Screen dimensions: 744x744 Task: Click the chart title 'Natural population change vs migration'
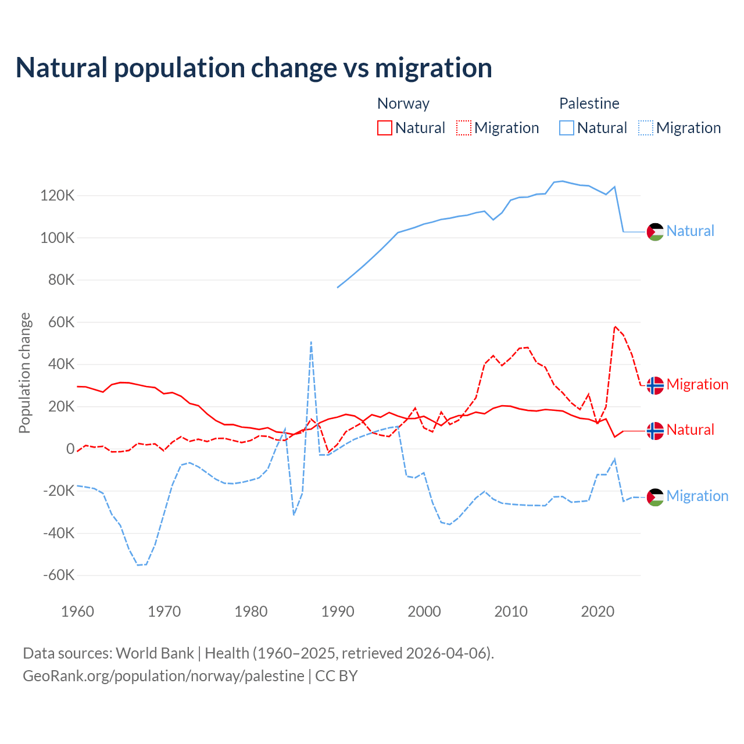coord(254,68)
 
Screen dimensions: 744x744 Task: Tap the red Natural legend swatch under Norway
coord(385,128)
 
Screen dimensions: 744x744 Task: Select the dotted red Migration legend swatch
coord(464,128)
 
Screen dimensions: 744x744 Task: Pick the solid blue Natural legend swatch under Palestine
coord(567,128)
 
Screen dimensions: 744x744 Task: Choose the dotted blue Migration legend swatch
coord(646,128)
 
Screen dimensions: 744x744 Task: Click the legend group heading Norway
coord(403,103)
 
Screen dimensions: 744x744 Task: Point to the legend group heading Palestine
coord(589,103)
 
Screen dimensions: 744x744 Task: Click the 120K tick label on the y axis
coord(58,196)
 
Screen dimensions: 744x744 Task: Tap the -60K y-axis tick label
coord(59,575)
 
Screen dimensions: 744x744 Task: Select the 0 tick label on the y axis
coord(70,449)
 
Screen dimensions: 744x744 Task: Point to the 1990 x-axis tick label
coord(338,611)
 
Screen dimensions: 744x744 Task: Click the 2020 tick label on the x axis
coord(598,611)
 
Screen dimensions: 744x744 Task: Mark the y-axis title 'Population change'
coord(24,373)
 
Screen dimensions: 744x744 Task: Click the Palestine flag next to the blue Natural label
coord(655,231)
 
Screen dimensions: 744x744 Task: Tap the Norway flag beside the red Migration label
coord(655,385)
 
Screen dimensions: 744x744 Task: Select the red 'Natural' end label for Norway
coord(690,430)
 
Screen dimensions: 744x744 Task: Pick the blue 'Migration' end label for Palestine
coord(697,496)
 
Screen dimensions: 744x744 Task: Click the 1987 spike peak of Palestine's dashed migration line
coord(312,342)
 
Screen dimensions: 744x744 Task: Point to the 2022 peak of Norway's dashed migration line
coord(615,327)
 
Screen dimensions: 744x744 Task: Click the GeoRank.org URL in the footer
coord(163,676)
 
